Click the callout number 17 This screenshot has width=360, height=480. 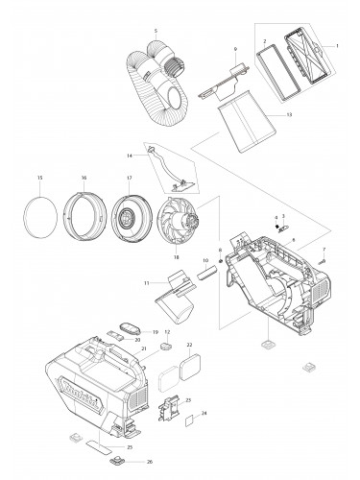pyautogui.click(x=128, y=179)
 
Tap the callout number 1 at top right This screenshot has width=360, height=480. pyautogui.click(x=337, y=46)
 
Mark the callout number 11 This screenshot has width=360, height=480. pyautogui.click(x=146, y=284)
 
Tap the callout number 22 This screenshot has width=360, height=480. pyautogui.click(x=189, y=344)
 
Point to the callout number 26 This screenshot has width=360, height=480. pyautogui.click(x=149, y=462)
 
